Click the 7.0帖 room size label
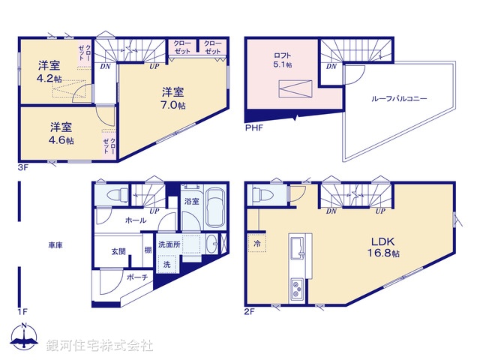tap(173, 106)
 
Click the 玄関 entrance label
tap(119, 251)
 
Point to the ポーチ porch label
tap(137, 277)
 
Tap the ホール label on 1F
tap(136, 220)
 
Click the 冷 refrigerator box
tap(257, 244)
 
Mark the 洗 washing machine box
tap(166, 265)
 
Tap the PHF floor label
tap(254, 127)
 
